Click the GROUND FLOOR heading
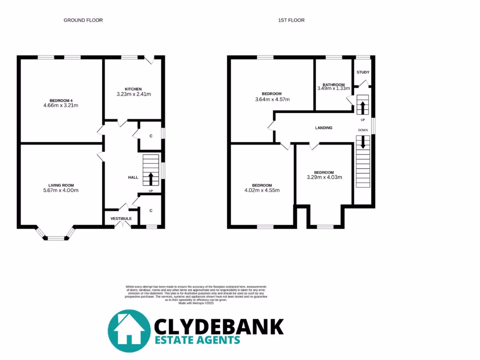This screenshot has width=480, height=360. pos(83,20)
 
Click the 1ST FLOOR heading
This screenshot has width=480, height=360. pos(287,20)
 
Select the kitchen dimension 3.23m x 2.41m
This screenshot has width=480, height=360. pos(133,94)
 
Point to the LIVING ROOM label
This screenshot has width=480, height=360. pos(61,185)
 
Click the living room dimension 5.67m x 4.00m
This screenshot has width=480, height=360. pos(60,190)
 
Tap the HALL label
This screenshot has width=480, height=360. pos(133,178)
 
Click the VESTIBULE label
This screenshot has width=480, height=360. pos(121,218)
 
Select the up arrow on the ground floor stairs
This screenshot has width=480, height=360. pos(151,179)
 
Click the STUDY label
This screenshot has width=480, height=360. pos(363,72)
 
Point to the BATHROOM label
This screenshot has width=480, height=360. pos(333,85)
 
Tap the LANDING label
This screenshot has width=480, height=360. pos(323,127)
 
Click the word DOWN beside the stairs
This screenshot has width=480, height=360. pos(363,130)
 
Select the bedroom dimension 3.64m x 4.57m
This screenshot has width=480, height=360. pos(272,99)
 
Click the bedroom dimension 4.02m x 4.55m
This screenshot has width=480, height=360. pos(262,190)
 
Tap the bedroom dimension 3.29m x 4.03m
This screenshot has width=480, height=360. pos(324,177)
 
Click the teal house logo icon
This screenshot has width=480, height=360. pos(129,330)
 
